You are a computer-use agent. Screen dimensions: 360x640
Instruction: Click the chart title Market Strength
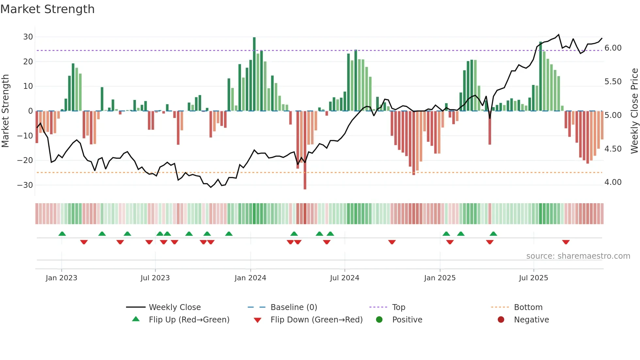click(47, 9)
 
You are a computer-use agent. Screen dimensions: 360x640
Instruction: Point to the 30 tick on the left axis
click(28, 37)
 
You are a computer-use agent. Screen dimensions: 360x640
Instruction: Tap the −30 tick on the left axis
click(25, 185)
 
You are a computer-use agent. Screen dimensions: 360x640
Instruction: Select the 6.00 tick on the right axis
click(613, 48)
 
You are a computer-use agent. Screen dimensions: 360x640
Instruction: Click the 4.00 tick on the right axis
click(613, 182)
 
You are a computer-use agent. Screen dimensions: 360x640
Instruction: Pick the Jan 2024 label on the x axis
click(250, 278)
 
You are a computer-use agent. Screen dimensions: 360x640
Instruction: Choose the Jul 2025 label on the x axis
click(533, 278)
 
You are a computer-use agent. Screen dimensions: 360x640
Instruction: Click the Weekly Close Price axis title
click(634, 111)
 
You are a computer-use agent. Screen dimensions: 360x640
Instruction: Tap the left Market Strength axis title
click(6, 111)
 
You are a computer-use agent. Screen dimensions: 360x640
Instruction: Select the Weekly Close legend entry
click(175, 307)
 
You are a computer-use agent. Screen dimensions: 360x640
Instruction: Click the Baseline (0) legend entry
click(294, 307)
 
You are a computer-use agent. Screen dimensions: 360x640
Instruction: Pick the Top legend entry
click(398, 307)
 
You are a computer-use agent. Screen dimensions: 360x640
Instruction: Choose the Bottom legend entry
click(528, 307)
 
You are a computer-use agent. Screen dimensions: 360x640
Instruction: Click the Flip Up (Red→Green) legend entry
click(189, 320)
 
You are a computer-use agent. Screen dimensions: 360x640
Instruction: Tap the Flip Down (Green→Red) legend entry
click(316, 320)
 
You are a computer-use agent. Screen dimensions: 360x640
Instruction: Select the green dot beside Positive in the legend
click(379, 320)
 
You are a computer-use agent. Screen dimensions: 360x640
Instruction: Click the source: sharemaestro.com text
click(578, 256)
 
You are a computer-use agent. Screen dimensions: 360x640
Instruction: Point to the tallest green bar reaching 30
click(254, 74)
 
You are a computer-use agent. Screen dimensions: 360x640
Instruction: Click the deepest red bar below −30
click(305, 150)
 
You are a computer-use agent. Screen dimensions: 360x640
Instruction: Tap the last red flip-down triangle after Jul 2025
click(566, 242)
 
